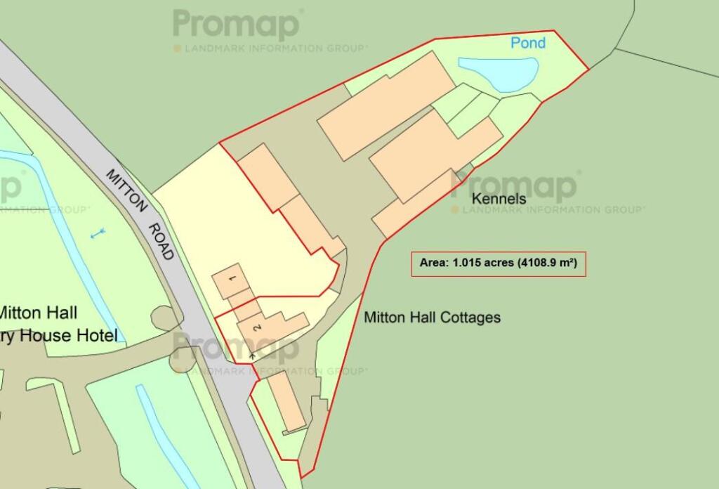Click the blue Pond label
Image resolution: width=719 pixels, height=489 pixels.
click(x=528, y=43)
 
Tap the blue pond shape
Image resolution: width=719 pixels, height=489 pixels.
click(x=500, y=72)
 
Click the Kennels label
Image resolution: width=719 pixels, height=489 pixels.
click(x=499, y=200)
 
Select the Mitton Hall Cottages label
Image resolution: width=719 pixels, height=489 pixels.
click(x=432, y=318)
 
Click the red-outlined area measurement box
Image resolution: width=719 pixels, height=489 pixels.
click(x=498, y=263)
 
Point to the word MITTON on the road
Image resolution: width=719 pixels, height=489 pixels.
click(x=126, y=190)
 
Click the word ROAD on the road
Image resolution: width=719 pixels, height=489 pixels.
click(x=162, y=242)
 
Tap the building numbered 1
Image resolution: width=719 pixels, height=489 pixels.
click(x=230, y=280)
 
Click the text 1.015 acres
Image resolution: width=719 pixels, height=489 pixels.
click(x=482, y=263)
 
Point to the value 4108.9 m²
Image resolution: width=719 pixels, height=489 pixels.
click(x=548, y=263)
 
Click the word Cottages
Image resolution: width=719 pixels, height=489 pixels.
click(x=469, y=318)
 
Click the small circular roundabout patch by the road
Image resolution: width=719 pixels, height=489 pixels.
click(x=166, y=318)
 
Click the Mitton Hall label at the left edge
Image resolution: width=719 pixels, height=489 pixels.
click(x=39, y=312)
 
